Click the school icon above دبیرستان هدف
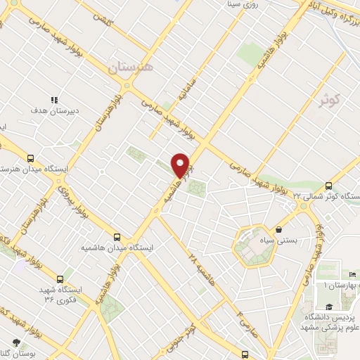tap(54, 100)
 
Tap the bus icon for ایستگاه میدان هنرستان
tap(30, 158)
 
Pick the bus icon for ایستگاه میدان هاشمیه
tap(117, 238)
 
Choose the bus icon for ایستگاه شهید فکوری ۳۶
tap(67, 278)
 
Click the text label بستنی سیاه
tap(280, 240)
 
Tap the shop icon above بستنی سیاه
tap(279, 229)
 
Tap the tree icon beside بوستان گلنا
tap(15, 342)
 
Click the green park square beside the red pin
tap(198, 188)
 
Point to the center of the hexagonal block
tap(253, 247)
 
